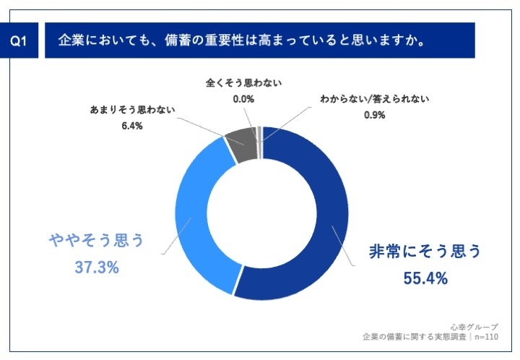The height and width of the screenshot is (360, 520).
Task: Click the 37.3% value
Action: (97, 267)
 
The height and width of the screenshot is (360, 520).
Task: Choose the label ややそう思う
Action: (97, 241)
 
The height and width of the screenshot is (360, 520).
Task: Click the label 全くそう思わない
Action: (243, 83)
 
